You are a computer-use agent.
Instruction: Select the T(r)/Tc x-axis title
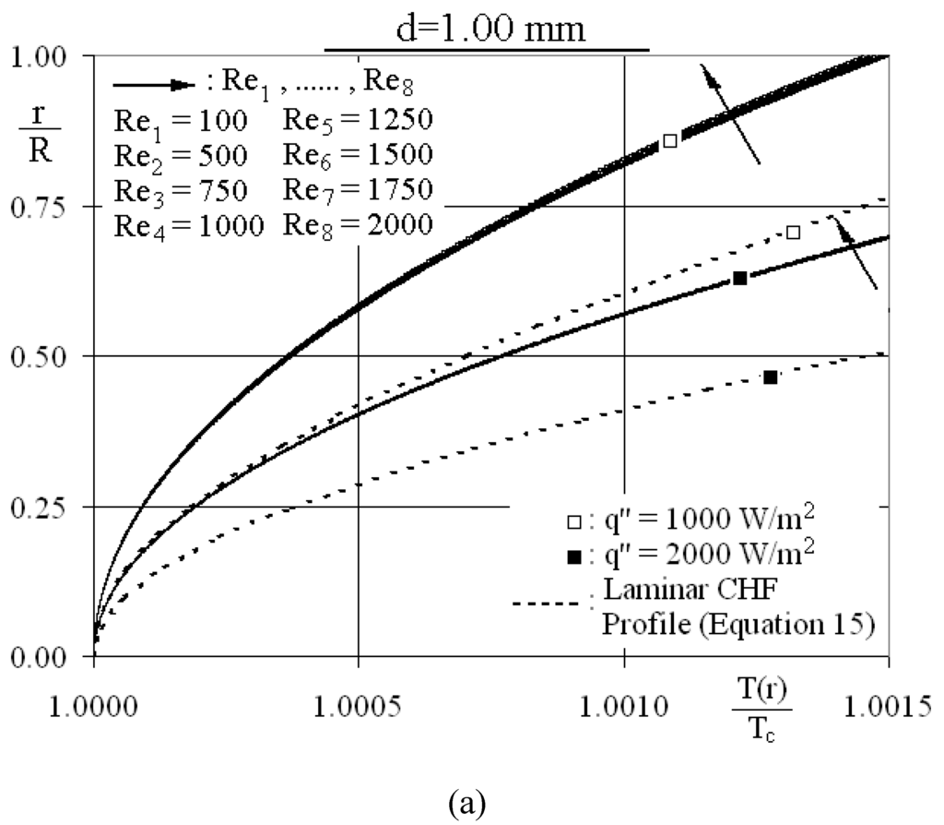pos(759,711)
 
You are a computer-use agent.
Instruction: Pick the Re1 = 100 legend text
pos(180,121)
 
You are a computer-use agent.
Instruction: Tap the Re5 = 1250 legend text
pos(359,121)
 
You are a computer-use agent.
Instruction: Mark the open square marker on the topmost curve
pos(670,140)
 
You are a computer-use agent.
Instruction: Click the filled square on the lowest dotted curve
pos(771,377)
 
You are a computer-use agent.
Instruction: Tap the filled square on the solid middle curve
pos(739,278)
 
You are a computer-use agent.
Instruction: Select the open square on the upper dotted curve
pos(793,233)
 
